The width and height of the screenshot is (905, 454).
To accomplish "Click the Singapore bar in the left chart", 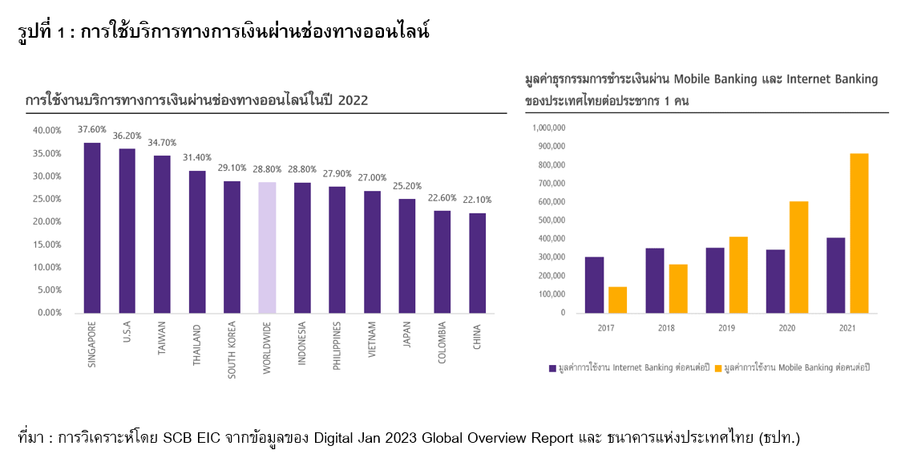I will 92,228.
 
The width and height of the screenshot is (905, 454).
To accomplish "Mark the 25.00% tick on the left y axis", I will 46,198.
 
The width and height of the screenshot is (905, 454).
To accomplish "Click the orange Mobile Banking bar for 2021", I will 859,233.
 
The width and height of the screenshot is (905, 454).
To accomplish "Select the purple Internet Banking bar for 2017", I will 594,285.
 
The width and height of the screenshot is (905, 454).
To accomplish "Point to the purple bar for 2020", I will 775,281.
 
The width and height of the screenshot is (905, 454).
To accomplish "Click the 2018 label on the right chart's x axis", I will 665,329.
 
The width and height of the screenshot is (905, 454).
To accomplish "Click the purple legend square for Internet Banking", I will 552,367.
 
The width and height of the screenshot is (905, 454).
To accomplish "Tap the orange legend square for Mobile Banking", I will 718,367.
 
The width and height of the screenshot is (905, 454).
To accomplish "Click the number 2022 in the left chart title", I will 354,100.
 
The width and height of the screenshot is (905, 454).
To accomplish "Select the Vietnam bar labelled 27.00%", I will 372,251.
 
